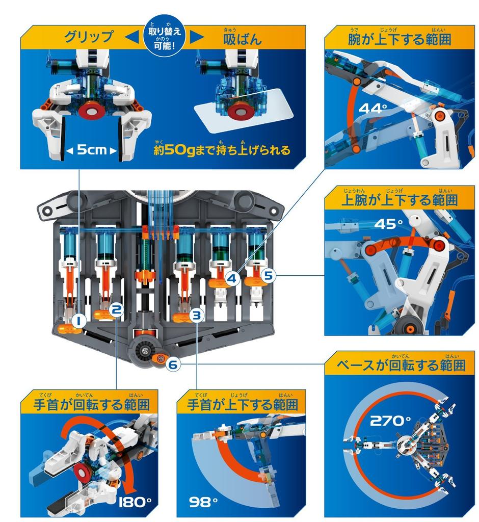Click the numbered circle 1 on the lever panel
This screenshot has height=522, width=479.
79,320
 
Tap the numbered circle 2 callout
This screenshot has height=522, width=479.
116,308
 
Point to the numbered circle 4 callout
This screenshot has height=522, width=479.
232,278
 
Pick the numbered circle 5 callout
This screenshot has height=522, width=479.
269,276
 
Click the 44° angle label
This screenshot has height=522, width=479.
373,108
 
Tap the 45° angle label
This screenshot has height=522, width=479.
388,225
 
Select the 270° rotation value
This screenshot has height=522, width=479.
390,421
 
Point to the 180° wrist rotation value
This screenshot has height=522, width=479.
135,502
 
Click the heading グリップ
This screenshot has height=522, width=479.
89,37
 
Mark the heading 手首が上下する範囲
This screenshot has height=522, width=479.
242,405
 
